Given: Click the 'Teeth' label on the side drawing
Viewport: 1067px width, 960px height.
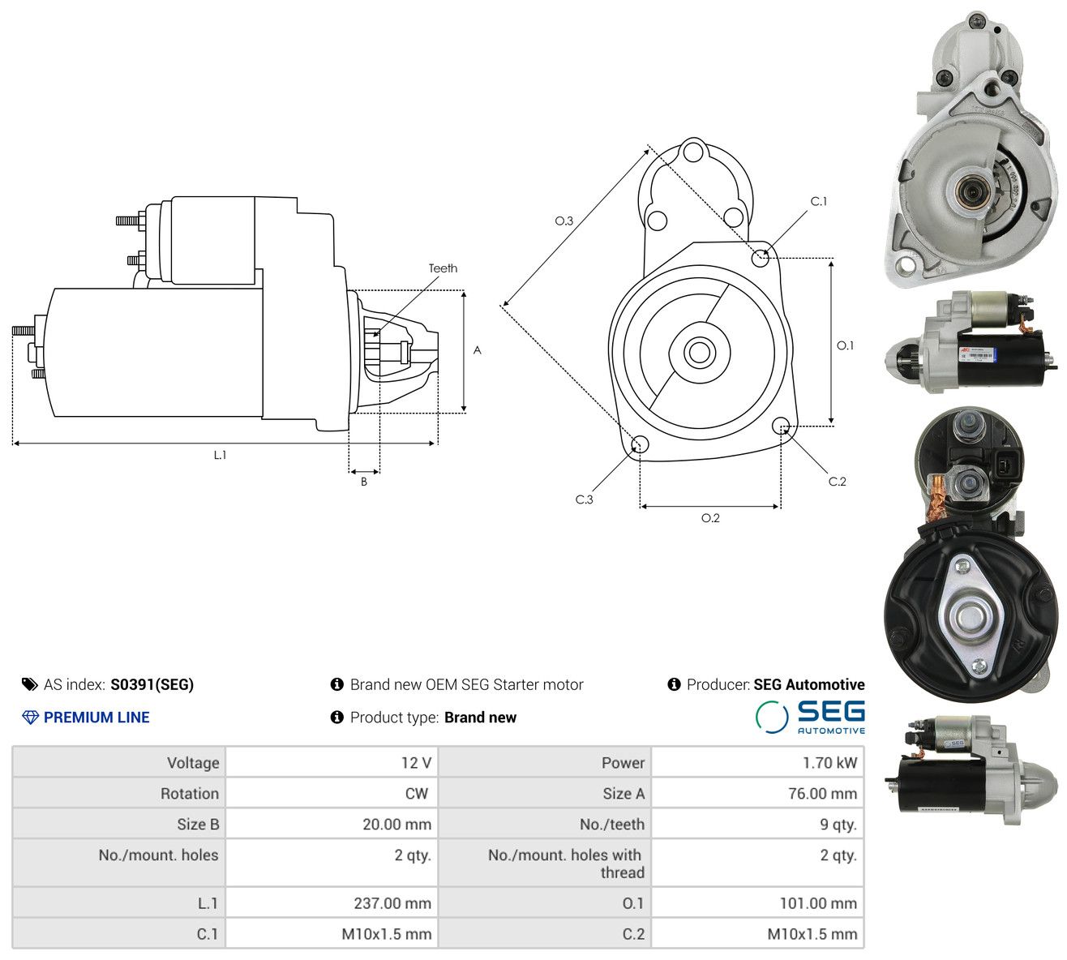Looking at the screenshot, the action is click(443, 268).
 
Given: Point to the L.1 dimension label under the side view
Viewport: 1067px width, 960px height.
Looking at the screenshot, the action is click(220, 455).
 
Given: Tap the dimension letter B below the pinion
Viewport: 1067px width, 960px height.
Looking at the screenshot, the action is click(364, 482).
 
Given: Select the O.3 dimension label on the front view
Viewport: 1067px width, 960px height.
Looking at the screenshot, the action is click(563, 221).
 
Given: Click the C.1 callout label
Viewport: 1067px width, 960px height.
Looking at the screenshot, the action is click(819, 201).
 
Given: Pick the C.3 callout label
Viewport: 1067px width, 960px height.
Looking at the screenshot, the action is click(584, 499).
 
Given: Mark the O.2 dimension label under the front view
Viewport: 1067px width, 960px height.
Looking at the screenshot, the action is click(710, 518).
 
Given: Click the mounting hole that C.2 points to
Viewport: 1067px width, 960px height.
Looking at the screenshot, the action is click(780, 425).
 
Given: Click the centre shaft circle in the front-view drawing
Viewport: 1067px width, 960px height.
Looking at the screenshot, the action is click(699, 352).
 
